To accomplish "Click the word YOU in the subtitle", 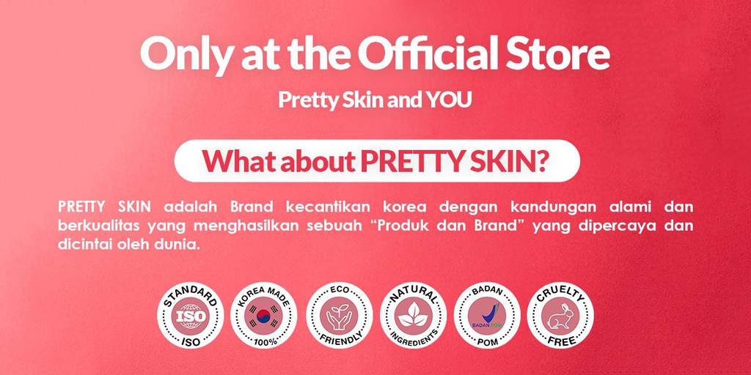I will coord(449,100).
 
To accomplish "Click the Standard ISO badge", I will coord(189,315).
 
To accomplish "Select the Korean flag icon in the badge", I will coord(263,315).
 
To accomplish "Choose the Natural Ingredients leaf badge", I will coord(413,315).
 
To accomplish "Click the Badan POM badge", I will coord(487,315).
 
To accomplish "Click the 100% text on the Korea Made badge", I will coord(263,341).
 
